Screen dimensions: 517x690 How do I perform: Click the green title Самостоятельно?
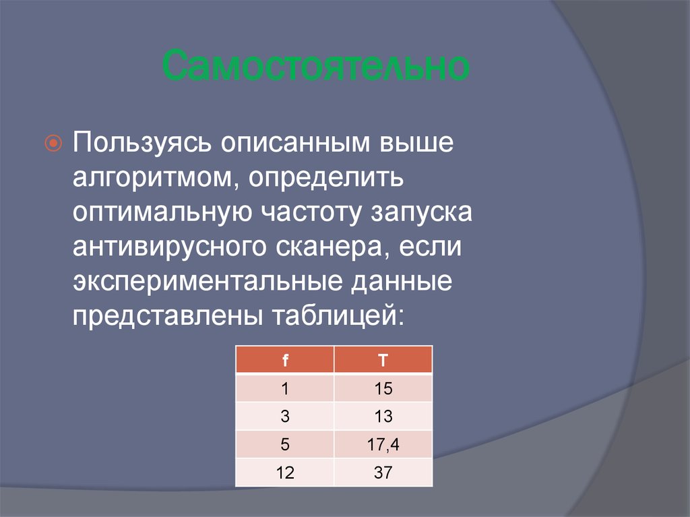point(315,66)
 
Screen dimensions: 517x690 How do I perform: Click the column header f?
point(285,360)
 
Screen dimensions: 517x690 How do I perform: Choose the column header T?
point(383,360)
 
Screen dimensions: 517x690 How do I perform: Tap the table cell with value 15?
point(383,388)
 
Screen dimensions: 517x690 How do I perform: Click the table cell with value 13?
point(383,417)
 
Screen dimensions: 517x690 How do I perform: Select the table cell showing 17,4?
point(383,445)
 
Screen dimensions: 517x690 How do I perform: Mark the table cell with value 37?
point(383,473)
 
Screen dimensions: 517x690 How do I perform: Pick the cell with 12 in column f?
point(285,473)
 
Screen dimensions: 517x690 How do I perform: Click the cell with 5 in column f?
point(285,445)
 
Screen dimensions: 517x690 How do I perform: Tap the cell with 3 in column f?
point(285,417)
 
